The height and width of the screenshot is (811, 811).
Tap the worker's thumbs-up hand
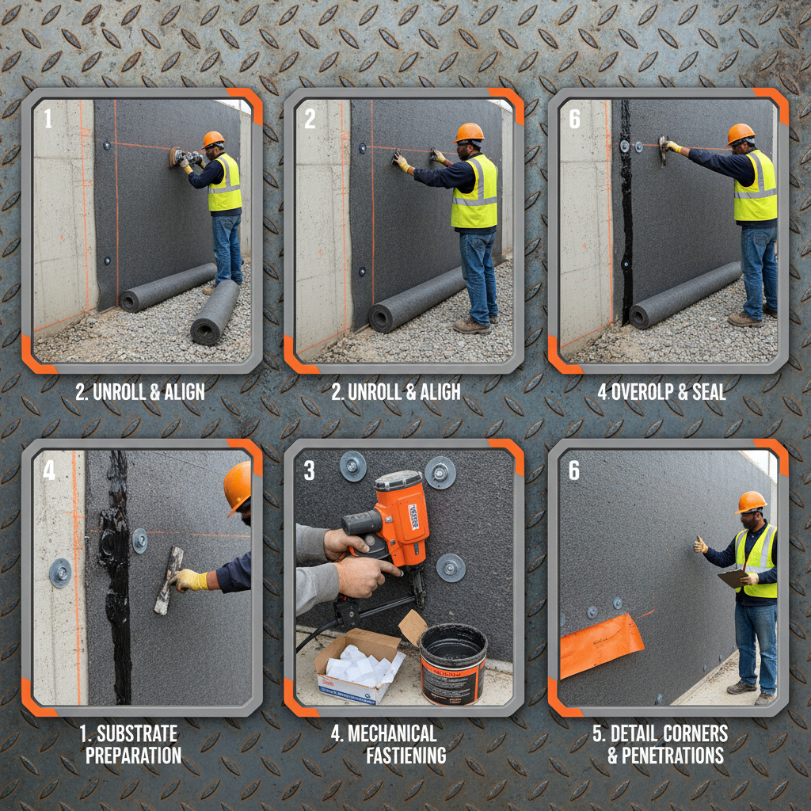[x=700, y=544]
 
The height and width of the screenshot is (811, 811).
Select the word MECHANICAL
[x=394, y=733]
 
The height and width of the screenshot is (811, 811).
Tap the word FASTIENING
[x=405, y=755]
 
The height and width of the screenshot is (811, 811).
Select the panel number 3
[x=309, y=471]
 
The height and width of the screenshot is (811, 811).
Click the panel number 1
[x=48, y=119]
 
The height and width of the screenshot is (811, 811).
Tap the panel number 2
[x=310, y=119]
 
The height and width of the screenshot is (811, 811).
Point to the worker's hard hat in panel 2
[x=470, y=132]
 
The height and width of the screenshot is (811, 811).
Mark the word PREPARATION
[x=134, y=755]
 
